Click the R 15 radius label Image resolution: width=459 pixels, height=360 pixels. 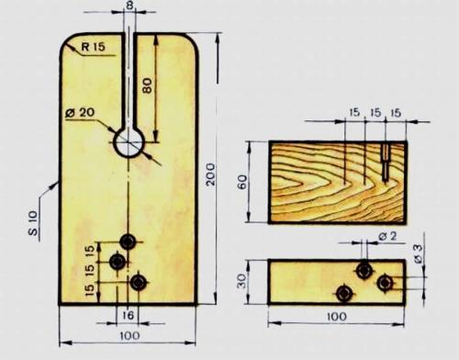[x=93, y=47]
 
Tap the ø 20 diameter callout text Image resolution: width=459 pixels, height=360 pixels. [x=80, y=113]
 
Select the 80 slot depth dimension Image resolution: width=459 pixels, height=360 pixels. [x=147, y=85]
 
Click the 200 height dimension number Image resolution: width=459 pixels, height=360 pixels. [x=210, y=174]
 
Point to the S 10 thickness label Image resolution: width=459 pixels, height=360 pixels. [x=33, y=223]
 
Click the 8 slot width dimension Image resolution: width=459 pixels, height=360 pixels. [x=130, y=6]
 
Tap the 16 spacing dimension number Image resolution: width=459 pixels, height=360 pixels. [x=128, y=315]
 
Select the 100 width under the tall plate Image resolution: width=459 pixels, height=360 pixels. [x=129, y=335]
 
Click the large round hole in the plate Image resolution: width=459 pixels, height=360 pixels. [x=129, y=142]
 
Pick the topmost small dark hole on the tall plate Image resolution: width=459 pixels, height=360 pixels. [x=128, y=242]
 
